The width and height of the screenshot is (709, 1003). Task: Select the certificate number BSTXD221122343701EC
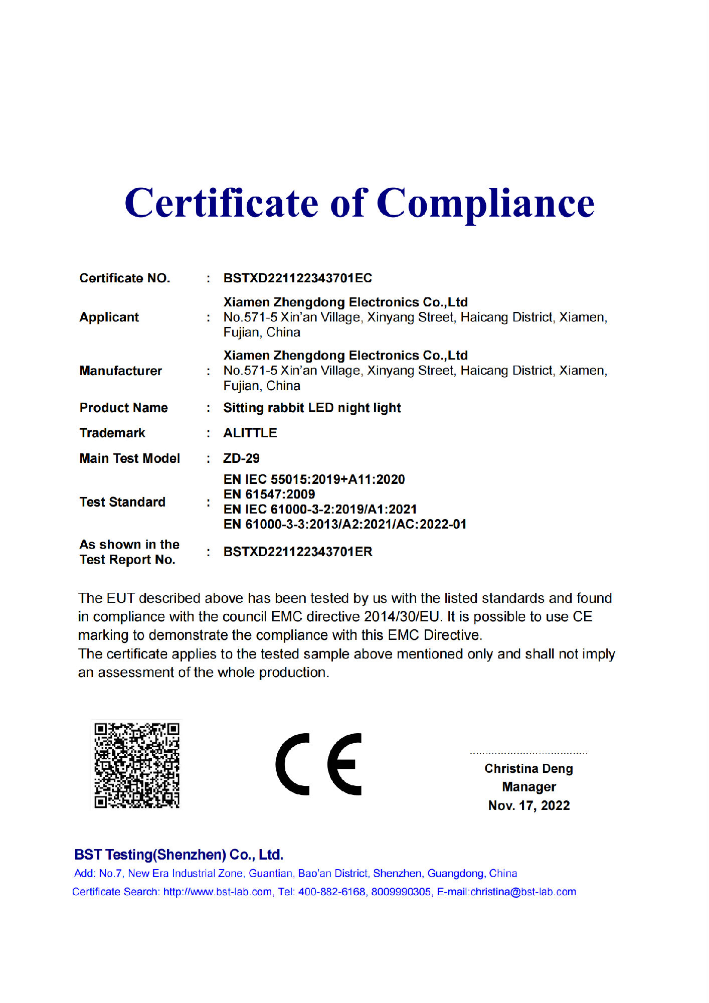pos(298,278)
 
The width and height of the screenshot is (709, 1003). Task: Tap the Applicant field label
pos(109,317)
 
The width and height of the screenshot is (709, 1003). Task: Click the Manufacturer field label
pos(121,371)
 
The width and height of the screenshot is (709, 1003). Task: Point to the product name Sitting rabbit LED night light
pos(312,408)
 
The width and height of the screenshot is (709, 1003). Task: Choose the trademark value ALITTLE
pos(250,433)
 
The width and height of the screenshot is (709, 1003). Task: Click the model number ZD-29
pos(242,458)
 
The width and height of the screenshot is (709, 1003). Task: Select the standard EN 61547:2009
pos(269,494)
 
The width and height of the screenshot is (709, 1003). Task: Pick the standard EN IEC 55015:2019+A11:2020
pos(314,479)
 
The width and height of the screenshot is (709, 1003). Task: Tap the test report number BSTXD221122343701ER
pos(298,552)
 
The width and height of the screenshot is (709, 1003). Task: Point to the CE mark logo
pos(319,764)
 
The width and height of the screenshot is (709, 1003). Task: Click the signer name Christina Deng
pos(528,769)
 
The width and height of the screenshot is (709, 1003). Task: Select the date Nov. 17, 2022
pos(529,806)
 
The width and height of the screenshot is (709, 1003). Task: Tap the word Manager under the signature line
pos(529,787)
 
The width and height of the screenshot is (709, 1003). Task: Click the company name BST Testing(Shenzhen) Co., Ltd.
pos(179,855)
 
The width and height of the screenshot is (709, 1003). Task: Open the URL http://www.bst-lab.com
pos(218,892)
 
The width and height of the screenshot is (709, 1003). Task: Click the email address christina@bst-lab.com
pos(523,892)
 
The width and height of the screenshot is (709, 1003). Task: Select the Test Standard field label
pos(122,503)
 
